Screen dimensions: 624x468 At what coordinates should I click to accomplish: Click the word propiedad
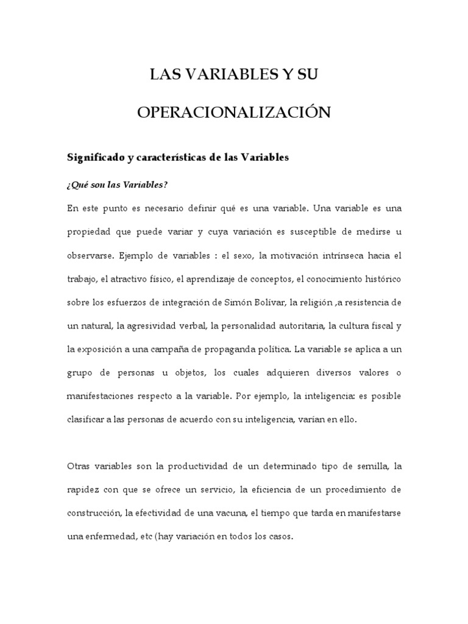pos(87,232)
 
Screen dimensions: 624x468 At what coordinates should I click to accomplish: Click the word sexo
pos(242,255)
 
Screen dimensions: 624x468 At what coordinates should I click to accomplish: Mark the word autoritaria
pos(297,326)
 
